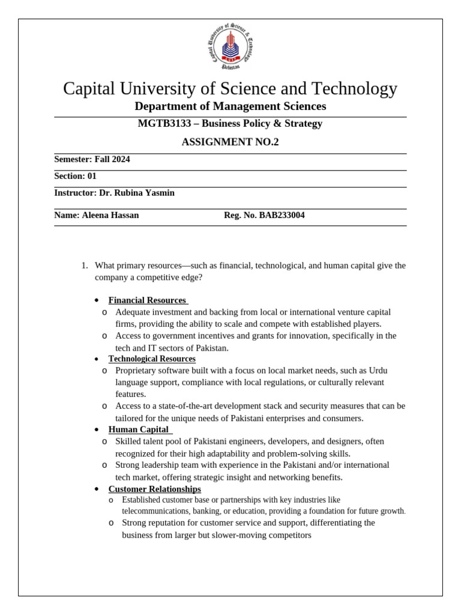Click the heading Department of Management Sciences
tap(230, 106)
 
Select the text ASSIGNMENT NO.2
tap(230, 142)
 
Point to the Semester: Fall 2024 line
tap(92, 159)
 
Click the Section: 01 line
tap(75, 176)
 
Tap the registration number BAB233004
tap(282, 215)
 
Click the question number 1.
tap(84, 265)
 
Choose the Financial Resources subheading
tap(148, 300)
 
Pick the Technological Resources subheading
tap(152, 359)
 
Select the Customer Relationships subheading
tap(154, 489)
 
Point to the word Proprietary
tap(138, 371)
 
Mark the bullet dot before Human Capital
tap(96, 430)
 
